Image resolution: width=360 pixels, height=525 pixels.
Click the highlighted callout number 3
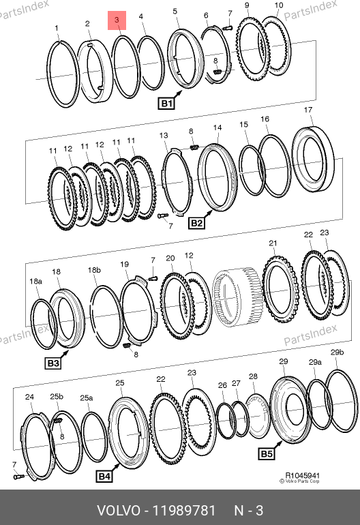click(x=117, y=20)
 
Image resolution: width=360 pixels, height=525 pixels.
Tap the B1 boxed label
click(x=166, y=104)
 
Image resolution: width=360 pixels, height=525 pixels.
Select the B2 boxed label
click(x=196, y=223)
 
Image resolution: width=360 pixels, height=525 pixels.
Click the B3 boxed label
click(x=53, y=363)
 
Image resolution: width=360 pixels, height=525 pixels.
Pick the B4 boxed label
click(x=104, y=477)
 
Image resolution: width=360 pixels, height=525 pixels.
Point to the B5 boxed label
click(x=267, y=453)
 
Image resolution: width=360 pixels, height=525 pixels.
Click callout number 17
click(x=308, y=110)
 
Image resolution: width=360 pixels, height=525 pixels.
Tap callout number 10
click(x=279, y=5)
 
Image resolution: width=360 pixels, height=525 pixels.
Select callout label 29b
click(x=337, y=352)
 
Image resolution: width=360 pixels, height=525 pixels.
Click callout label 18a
click(x=36, y=281)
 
